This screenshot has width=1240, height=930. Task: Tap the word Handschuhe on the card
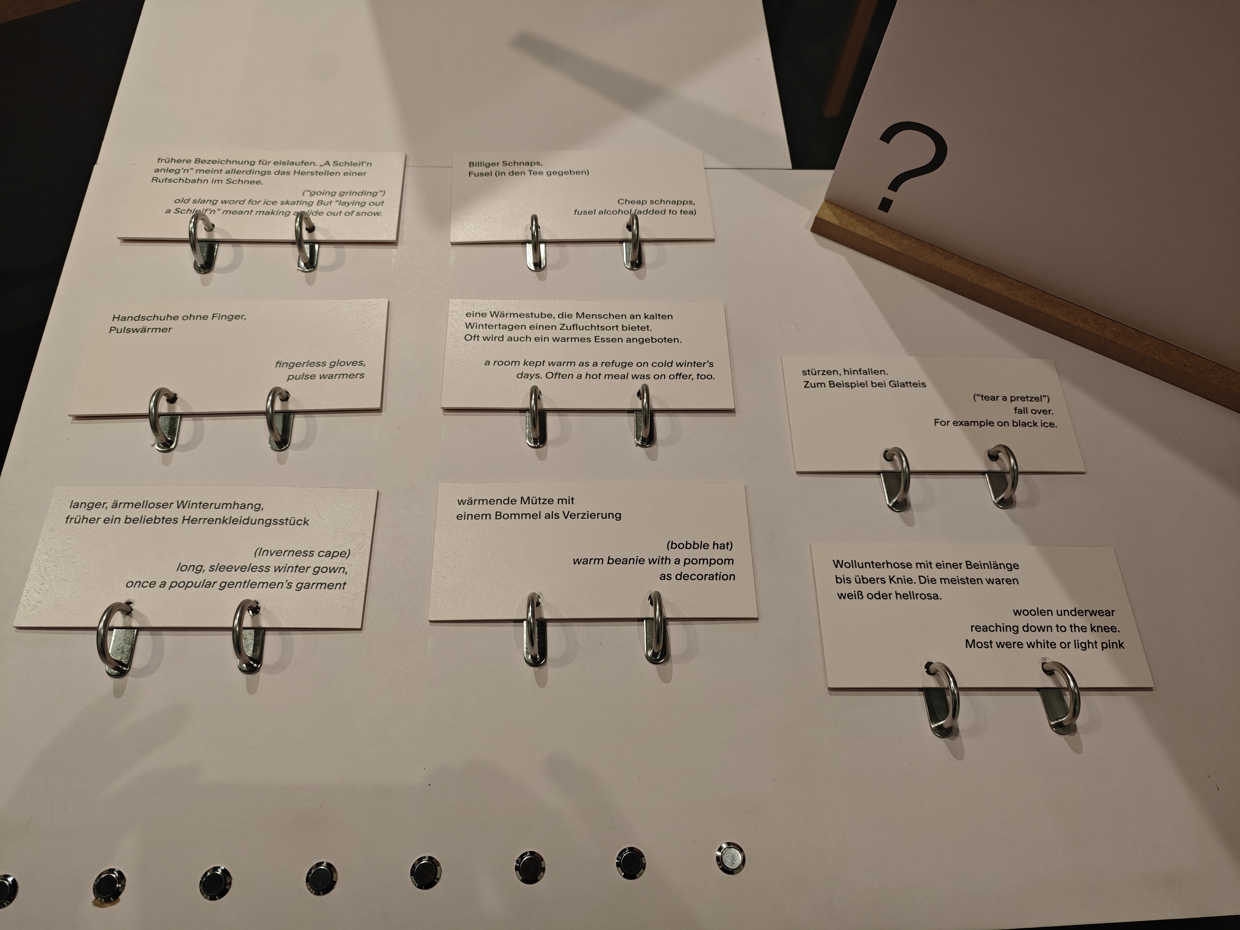pos(138,317)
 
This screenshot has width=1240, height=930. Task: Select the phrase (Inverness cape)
pos(302,553)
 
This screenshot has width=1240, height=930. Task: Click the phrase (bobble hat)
pos(700,545)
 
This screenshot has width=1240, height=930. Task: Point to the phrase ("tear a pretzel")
pos(1011,398)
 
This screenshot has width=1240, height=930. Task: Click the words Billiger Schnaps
pos(505,164)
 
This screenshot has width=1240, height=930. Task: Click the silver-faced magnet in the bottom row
pos(730,858)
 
